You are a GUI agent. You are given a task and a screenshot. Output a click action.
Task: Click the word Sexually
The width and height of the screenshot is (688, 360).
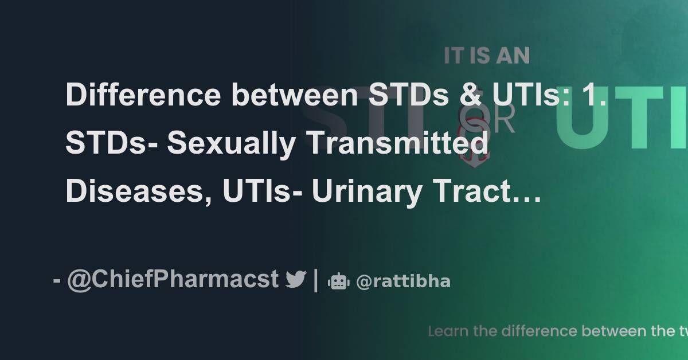[232, 144]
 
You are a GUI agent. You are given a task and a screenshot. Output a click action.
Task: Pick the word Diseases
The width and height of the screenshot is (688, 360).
[127, 192]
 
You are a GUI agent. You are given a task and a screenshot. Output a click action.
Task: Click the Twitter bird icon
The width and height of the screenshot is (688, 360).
[296, 280]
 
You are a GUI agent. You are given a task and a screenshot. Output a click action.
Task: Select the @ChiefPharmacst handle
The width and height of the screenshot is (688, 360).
[173, 280]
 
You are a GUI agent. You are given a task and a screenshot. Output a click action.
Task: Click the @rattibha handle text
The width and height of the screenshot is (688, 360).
[403, 281]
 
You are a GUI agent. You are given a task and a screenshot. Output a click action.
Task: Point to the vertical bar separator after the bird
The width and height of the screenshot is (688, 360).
[316, 280]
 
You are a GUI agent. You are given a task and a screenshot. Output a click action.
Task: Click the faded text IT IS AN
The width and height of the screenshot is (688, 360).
[487, 56]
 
